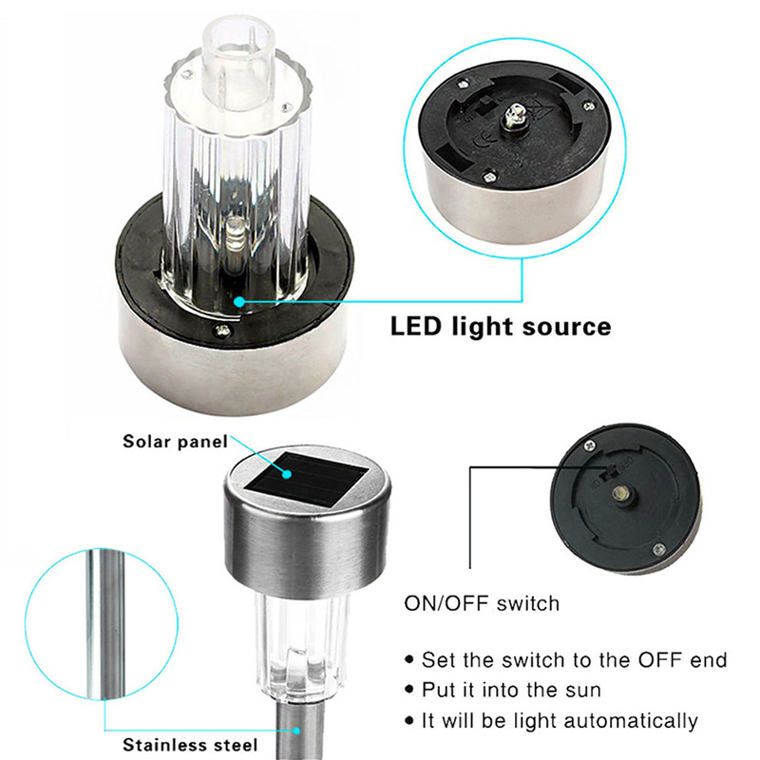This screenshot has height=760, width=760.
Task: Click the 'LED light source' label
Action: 501,326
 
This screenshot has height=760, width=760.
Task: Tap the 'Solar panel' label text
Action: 175,442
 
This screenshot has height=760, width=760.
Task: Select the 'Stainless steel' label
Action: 190,745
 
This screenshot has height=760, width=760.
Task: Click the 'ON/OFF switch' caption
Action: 482,603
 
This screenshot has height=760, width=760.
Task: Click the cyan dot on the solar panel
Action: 288,473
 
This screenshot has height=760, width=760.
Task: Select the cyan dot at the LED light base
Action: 239,301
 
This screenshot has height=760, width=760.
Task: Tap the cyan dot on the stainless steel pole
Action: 296,730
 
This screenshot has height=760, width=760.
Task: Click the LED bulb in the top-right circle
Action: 513,115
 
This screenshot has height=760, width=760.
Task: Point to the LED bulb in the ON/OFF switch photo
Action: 620,494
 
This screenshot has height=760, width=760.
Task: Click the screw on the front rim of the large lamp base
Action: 222,331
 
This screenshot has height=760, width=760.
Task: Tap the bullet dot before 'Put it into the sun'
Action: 410,691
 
